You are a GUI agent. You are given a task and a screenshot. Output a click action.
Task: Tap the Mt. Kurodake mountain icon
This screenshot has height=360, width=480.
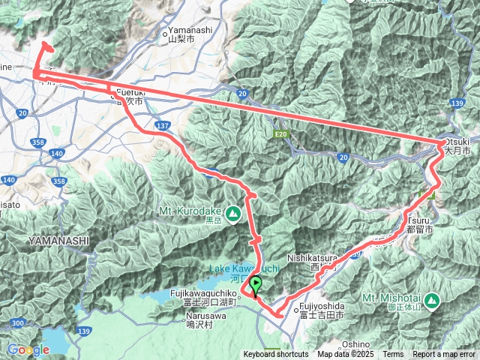(x=234, y=214)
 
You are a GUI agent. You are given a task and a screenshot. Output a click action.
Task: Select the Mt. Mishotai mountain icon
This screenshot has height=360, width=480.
(x=431, y=301)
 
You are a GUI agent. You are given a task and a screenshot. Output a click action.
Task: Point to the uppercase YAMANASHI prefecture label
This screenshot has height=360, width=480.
(x=59, y=241)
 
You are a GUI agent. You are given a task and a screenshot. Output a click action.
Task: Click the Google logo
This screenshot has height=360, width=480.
(x=28, y=349)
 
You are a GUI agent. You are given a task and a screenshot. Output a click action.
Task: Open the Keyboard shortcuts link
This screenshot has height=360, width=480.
(x=275, y=355)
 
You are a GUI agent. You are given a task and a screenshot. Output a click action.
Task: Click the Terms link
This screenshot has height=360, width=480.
(x=392, y=355)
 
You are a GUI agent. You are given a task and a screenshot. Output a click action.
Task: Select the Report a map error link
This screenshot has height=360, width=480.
(x=444, y=355)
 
